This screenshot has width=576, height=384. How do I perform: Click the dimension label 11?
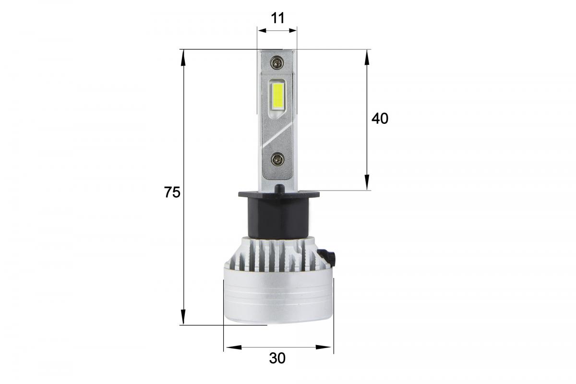[278, 18]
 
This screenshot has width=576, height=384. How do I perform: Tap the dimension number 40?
[380, 119]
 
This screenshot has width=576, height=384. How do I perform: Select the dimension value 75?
[172, 192]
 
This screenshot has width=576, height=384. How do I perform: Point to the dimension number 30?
[277, 358]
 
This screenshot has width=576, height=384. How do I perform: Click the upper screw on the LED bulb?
[277, 62]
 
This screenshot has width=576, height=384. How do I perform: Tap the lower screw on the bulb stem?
[278, 160]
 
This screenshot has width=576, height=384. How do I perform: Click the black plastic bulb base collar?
[279, 215]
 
